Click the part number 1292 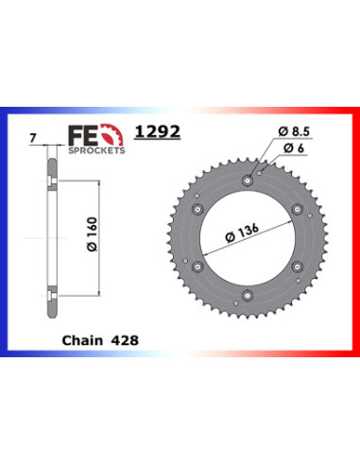click(x=158, y=131)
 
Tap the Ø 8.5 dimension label click(x=294, y=131)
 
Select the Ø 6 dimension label click(x=294, y=148)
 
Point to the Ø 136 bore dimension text click(x=242, y=232)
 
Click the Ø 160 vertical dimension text click(x=93, y=234)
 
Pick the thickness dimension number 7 click(x=33, y=138)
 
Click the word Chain click(x=82, y=340)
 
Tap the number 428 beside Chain click(x=125, y=340)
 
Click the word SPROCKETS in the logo click(x=96, y=150)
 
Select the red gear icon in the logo click(x=112, y=134)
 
